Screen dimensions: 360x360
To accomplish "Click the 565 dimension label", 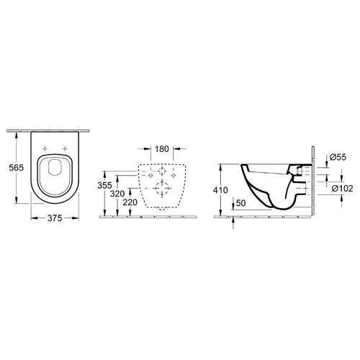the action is pos(17,168).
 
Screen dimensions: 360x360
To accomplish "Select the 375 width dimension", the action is pos(55,218).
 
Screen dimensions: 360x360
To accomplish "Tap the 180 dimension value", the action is pos(162,149).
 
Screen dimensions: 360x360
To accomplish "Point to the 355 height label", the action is pos(104,185).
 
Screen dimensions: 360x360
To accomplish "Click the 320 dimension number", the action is pos(117,194).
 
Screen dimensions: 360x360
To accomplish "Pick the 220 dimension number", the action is pos(130,202).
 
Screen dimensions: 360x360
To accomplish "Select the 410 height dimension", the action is pos(220,190).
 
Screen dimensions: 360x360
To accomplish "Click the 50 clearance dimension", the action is pos(241,203).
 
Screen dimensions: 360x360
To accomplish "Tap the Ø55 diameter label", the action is pos(338,157).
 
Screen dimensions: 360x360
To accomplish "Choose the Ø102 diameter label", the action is pos(343,189).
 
